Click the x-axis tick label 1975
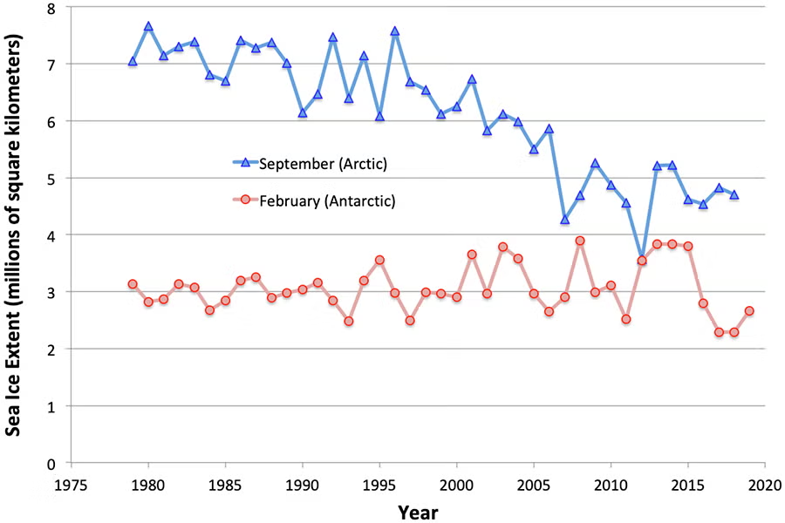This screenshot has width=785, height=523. pyautogui.click(x=72, y=484)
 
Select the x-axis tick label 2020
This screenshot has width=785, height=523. pyautogui.click(x=764, y=484)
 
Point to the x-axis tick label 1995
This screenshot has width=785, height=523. pyautogui.click(x=379, y=484)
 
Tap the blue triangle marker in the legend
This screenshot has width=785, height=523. pyautogui.click(x=245, y=162)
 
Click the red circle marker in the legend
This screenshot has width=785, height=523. pyautogui.click(x=245, y=200)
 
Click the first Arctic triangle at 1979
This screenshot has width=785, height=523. pyautogui.click(x=133, y=62)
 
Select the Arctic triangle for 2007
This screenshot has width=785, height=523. pyautogui.click(x=564, y=220)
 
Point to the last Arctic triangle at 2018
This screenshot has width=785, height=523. pyautogui.click(x=734, y=195)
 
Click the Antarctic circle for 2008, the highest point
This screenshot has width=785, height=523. pyautogui.click(x=580, y=241)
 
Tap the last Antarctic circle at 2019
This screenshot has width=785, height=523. pyautogui.click(x=749, y=311)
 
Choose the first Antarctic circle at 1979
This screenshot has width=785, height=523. pyautogui.click(x=133, y=284)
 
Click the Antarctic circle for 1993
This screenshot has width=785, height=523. pyautogui.click(x=349, y=321)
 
